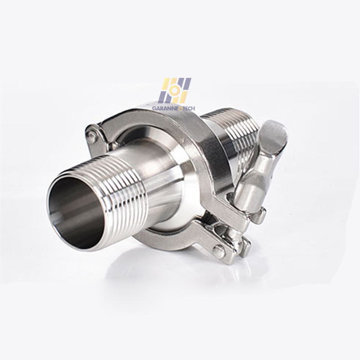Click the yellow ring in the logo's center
pyautogui.click(x=175, y=91)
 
